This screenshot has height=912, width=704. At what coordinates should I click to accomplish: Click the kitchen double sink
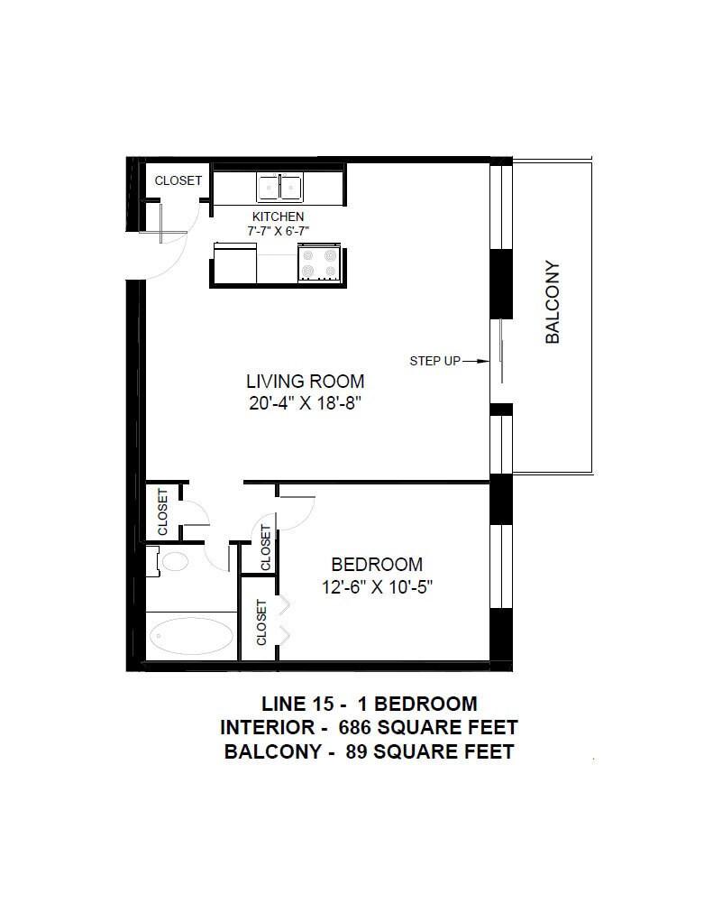(279, 187)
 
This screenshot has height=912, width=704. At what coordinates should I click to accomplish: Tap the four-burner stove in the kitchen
(318, 263)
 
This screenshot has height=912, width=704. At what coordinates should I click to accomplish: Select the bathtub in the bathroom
(191, 636)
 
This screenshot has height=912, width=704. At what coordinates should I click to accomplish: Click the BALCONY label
(553, 302)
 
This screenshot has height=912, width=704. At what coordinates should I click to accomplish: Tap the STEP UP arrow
(476, 361)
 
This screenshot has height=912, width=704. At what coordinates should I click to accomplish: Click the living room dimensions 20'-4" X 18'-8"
(306, 403)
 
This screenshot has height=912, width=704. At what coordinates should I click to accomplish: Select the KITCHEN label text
(278, 216)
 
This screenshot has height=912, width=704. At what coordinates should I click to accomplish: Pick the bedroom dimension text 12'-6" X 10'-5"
(378, 587)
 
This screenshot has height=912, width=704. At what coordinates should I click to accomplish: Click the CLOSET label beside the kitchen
(178, 180)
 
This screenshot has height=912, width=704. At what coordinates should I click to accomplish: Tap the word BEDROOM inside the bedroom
(377, 564)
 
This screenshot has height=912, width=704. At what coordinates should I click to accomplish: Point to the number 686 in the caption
(354, 727)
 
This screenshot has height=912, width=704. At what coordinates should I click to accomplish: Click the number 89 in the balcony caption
(356, 751)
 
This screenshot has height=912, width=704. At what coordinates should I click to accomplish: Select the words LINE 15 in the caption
(297, 704)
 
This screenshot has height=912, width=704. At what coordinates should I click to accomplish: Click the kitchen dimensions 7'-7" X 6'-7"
(278, 231)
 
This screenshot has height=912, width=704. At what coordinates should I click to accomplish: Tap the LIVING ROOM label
(306, 382)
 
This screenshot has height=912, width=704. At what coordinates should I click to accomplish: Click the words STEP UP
(434, 361)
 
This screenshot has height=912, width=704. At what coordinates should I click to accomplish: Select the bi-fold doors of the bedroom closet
(284, 620)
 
